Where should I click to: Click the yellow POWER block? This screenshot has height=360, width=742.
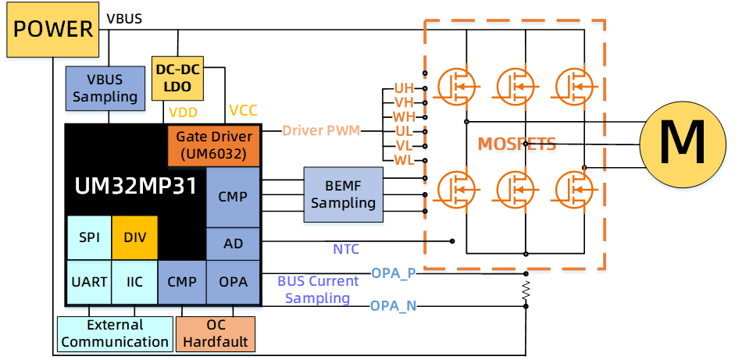tap(53, 30)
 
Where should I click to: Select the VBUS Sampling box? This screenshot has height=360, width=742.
tap(105, 88)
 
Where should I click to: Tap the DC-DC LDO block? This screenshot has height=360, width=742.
tap(177, 77)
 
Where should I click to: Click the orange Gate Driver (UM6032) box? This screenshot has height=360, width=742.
tap(214, 145)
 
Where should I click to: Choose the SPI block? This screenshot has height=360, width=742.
tap(89, 237)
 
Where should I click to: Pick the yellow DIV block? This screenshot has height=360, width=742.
tap(134, 237)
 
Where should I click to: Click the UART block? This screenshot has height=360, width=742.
tap(89, 282)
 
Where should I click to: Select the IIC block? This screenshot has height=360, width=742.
tap(134, 282)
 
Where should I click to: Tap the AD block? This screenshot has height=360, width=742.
tap(233, 244)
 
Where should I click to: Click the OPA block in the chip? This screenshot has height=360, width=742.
tap(233, 282)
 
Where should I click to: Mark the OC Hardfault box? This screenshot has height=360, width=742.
tap(216, 333)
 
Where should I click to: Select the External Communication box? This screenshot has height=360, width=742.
tap(115, 333)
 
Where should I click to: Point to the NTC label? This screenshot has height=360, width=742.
tap(346, 249)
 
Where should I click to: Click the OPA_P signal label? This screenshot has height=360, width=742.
tap(394, 273)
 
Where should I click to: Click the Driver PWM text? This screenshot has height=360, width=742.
tap(321, 130)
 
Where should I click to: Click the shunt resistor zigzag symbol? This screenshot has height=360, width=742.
tap(526, 290)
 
